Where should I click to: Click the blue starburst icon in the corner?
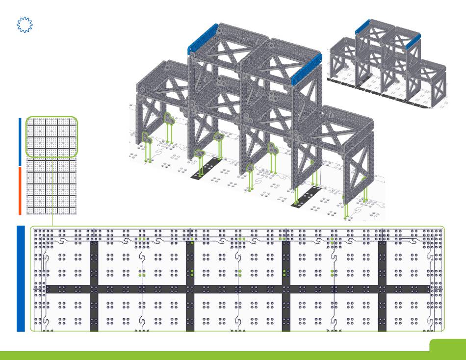click(25, 25)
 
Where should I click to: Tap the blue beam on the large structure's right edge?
click(307, 69)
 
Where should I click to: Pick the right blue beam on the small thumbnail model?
click(413, 41)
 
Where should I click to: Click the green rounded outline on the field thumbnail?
click(52, 137)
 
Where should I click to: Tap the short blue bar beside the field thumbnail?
click(20, 142)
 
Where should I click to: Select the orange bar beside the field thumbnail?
click(20, 190)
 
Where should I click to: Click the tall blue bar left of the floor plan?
click(21, 278)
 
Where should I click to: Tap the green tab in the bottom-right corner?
click(447, 345)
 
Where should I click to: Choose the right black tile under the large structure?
click(306, 196)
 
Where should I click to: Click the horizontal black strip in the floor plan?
click(235, 289)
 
